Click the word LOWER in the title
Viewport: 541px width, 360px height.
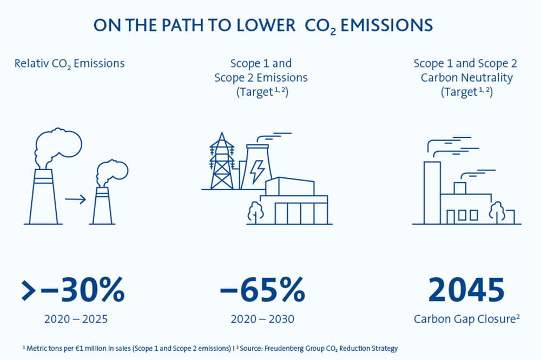point(266,25)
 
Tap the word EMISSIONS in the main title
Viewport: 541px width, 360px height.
point(386,25)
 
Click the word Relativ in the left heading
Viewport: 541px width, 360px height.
point(31,63)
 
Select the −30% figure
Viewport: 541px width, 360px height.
point(72,290)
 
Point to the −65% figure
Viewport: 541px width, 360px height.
point(262,290)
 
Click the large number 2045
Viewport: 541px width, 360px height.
point(466,290)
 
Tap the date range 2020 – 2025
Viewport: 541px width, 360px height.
point(76,319)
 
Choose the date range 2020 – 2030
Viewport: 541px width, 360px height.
point(262,319)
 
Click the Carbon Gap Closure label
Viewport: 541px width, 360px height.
point(466,319)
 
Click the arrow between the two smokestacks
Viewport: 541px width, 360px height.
point(75,199)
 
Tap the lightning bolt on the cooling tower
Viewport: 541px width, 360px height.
point(257,171)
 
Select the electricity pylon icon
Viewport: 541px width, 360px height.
point(222,162)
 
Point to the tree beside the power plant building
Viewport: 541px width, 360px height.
point(256,212)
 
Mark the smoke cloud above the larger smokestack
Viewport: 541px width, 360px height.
point(58,148)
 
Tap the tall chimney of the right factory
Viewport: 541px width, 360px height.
point(432,193)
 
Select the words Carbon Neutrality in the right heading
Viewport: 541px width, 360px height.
point(466,78)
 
